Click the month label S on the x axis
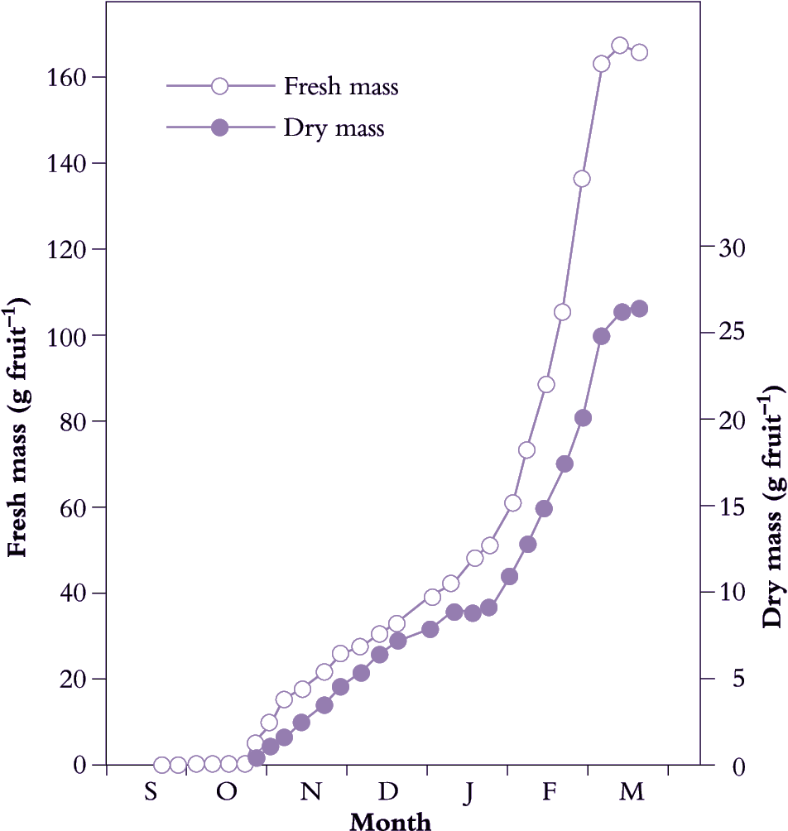click(x=150, y=792)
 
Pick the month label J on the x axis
click(x=468, y=792)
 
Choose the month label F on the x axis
click(x=548, y=792)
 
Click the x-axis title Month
click(x=391, y=821)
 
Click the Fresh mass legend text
click(x=341, y=86)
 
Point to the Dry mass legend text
click(x=334, y=128)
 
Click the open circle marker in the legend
click(x=220, y=85)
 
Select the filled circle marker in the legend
click(x=220, y=127)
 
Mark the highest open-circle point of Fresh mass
click(x=620, y=46)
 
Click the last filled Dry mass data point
click(x=639, y=309)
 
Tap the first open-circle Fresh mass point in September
click(x=162, y=765)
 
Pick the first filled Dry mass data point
click(x=257, y=757)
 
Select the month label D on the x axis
click(x=387, y=792)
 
